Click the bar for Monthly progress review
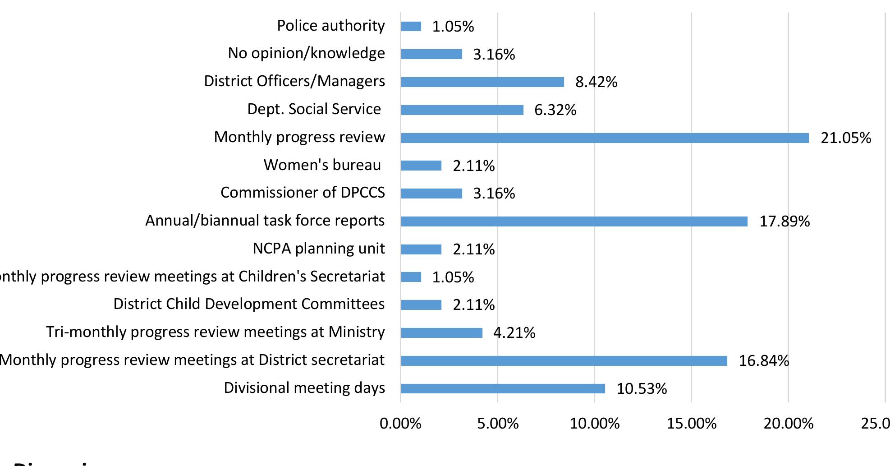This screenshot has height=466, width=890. tap(605, 138)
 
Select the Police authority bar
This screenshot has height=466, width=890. tap(411, 27)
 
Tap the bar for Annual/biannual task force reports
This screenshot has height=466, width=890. tap(574, 221)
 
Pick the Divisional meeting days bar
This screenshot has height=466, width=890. tap(503, 388)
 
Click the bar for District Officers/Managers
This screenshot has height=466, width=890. tap(482, 82)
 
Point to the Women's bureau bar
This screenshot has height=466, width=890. tap(421, 166)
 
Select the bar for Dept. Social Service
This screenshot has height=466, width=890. tap(462, 110)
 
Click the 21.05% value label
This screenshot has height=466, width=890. tap(846, 138)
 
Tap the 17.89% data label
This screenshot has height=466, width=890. tap(784, 221)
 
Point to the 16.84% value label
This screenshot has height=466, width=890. tap(764, 361)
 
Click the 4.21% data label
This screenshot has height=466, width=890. tap(514, 333)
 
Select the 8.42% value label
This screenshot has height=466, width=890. tap(596, 82)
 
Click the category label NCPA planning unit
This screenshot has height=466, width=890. tap(319, 249)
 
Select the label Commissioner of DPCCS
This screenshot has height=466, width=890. tap(303, 193)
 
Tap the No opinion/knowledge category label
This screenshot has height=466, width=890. tap(306, 53)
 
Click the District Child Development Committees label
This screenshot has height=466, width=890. tap(249, 304)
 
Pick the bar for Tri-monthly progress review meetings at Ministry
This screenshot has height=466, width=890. tap(441, 333)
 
